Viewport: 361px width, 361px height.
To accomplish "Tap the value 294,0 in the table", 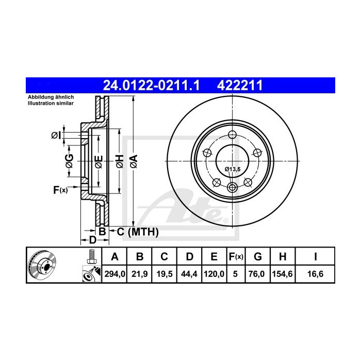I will click(115, 274).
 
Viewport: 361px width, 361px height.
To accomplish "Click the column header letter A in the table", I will click(115, 256).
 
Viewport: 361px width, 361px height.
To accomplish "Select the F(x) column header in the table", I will click(235, 256).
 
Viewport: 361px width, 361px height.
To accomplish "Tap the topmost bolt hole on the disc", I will click(232, 135).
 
